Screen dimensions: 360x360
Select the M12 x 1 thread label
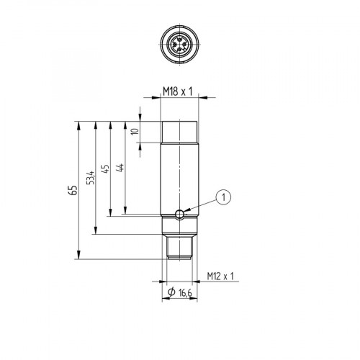tap(221, 276)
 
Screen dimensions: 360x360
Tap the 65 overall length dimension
tap(71, 190)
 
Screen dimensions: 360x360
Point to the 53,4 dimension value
tap(89, 177)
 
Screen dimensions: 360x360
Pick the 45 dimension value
tap(104, 169)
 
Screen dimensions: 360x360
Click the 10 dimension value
tap(134, 131)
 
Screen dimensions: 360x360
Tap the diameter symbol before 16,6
tap(171, 292)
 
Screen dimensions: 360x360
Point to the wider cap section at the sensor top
tap(180, 131)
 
